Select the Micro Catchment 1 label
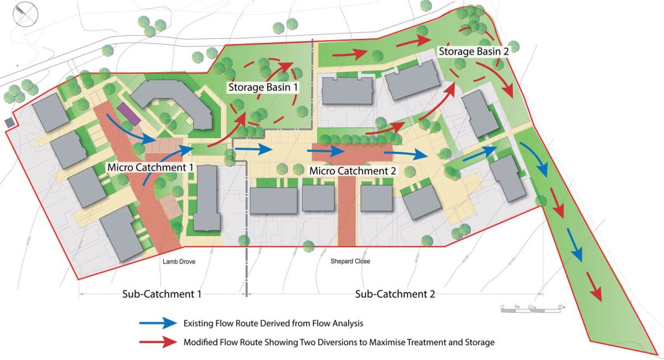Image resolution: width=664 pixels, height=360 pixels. tap(151, 167)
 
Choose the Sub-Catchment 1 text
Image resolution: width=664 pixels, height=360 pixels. tap(162, 294)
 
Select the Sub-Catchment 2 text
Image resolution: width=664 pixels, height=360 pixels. tap(395, 294)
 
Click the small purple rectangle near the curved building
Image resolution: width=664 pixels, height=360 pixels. tap(126, 115)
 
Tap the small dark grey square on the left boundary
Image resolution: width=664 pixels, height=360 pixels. tap(7, 122)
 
